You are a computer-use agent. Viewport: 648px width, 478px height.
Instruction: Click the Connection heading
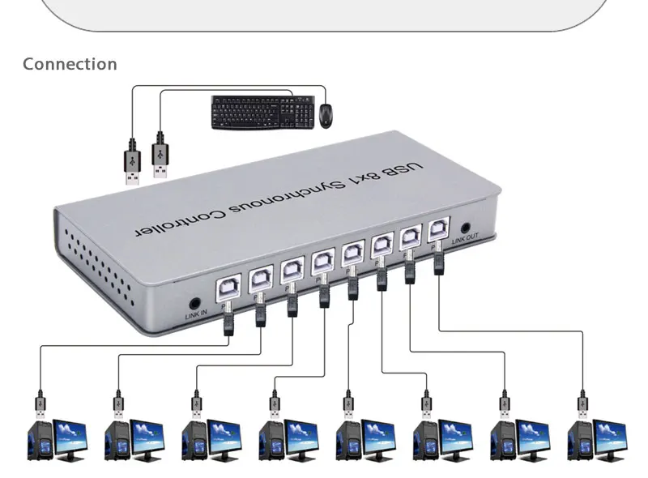tap(70, 64)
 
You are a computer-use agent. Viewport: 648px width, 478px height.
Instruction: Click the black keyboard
tap(263, 113)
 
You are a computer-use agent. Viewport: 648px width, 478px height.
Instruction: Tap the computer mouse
tap(326, 115)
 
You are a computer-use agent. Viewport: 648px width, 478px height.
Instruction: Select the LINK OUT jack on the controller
tap(466, 229)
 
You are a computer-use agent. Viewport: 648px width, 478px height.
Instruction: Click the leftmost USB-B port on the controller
tap(228, 285)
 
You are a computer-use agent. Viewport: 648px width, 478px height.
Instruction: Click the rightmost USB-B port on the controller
tap(438, 229)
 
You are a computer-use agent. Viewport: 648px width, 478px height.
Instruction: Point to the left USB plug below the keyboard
tap(132, 165)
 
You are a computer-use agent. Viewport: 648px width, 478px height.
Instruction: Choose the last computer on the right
tap(598, 440)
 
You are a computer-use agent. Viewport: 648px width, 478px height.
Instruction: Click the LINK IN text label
tap(197, 314)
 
